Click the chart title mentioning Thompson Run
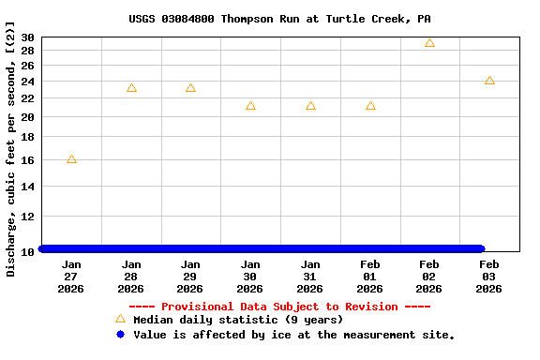(x=279, y=19)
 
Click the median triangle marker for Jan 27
(x=71, y=159)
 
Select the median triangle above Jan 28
(x=131, y=88)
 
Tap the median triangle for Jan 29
(x=190, y=88)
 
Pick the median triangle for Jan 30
(x=250, y=106)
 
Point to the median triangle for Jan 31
(x=310, y=106)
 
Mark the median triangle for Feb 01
(x=370, y=106)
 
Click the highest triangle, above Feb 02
(x=429, y=43)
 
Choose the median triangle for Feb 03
(x=489, y=81)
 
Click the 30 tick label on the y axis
(x=27, y=37)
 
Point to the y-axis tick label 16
(x=27, y=160)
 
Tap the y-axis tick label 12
(x=27, y=217)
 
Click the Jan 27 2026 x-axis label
(x=71, y=277)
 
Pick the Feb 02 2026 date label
(x=429, y=277)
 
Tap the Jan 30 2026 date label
(x=250, y=277)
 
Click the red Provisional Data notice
(x=279, y=307)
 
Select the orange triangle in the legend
(x=120, y=320)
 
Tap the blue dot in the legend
(x=120, y=335)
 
